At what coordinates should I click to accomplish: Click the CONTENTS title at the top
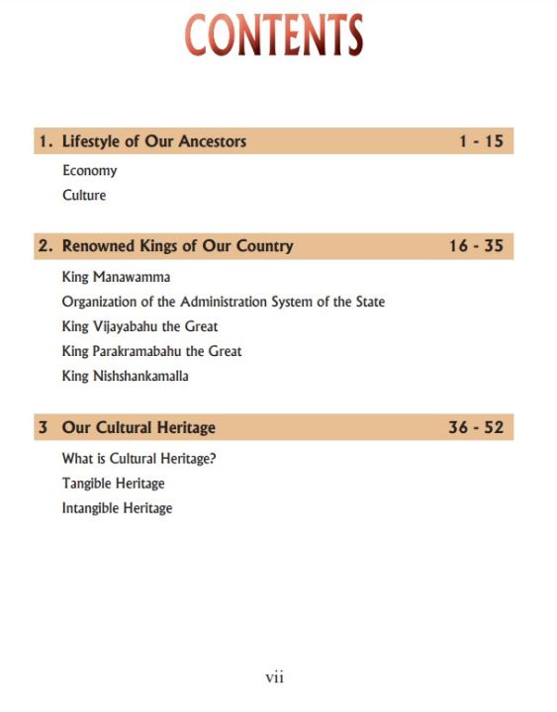[274, 36]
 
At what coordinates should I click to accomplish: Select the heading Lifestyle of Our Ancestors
[153, 141]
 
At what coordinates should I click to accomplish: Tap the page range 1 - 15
[481, 141]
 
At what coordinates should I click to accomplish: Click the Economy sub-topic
[89, 170]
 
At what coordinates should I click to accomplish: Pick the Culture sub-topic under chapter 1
[84, 195]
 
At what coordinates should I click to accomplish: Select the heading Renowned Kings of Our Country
[177, 246]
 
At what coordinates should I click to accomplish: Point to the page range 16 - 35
[476, 246]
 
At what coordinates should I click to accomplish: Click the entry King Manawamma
[116, 277]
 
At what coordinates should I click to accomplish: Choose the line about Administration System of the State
[223, 302]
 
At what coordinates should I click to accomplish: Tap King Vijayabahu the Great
[139, 326]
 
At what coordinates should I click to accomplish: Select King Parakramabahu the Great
[151, 351]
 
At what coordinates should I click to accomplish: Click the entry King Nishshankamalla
[125, 376]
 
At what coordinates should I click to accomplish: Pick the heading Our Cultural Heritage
[139, 428]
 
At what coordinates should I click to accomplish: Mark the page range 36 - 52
[476, 428]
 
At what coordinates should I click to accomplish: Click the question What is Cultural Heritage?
[139, 459]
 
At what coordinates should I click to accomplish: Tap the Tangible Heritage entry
[113, 484]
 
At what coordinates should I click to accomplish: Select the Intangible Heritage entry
[117, 508]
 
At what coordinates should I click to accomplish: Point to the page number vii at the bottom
[275, 677]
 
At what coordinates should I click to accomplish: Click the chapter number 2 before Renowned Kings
[45, 246]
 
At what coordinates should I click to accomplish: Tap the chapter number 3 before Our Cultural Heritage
[43, 428]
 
